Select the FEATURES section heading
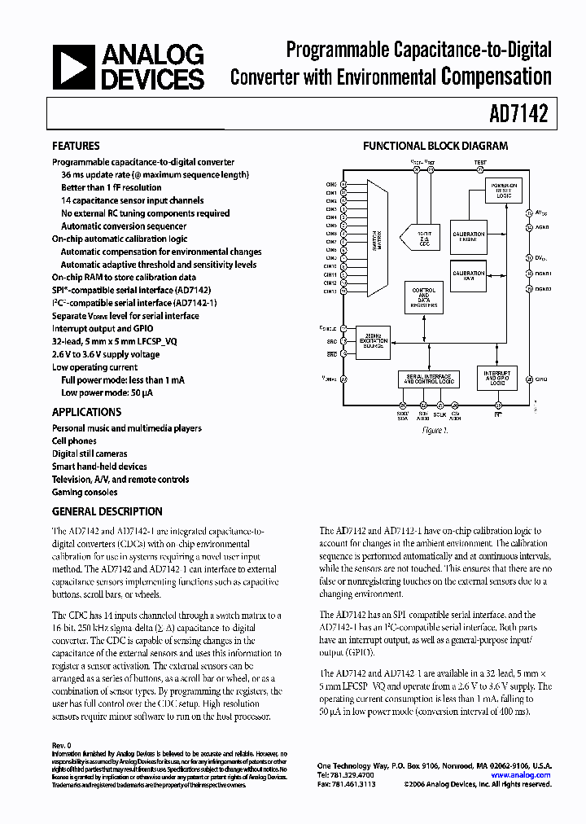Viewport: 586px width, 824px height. [76, 147]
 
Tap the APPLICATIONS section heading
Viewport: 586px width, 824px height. [86, 412]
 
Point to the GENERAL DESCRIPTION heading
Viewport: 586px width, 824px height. [107, 511]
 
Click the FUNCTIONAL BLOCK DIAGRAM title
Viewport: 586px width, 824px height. [435, 147]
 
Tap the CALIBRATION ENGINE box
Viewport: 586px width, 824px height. [469, 236]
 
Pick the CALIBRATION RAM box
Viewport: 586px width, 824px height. [469, 274]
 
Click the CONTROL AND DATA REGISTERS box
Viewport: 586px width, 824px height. [424, 298]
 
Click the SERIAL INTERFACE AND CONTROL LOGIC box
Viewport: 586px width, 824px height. [427, 379]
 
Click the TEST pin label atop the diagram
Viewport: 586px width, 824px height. [479, 162]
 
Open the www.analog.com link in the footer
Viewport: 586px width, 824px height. [527, 775]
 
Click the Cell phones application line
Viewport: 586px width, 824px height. [76, 440]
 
